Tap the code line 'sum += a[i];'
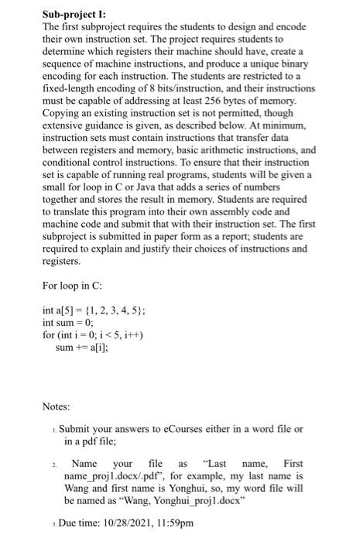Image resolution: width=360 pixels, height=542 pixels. tap(80, 349)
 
